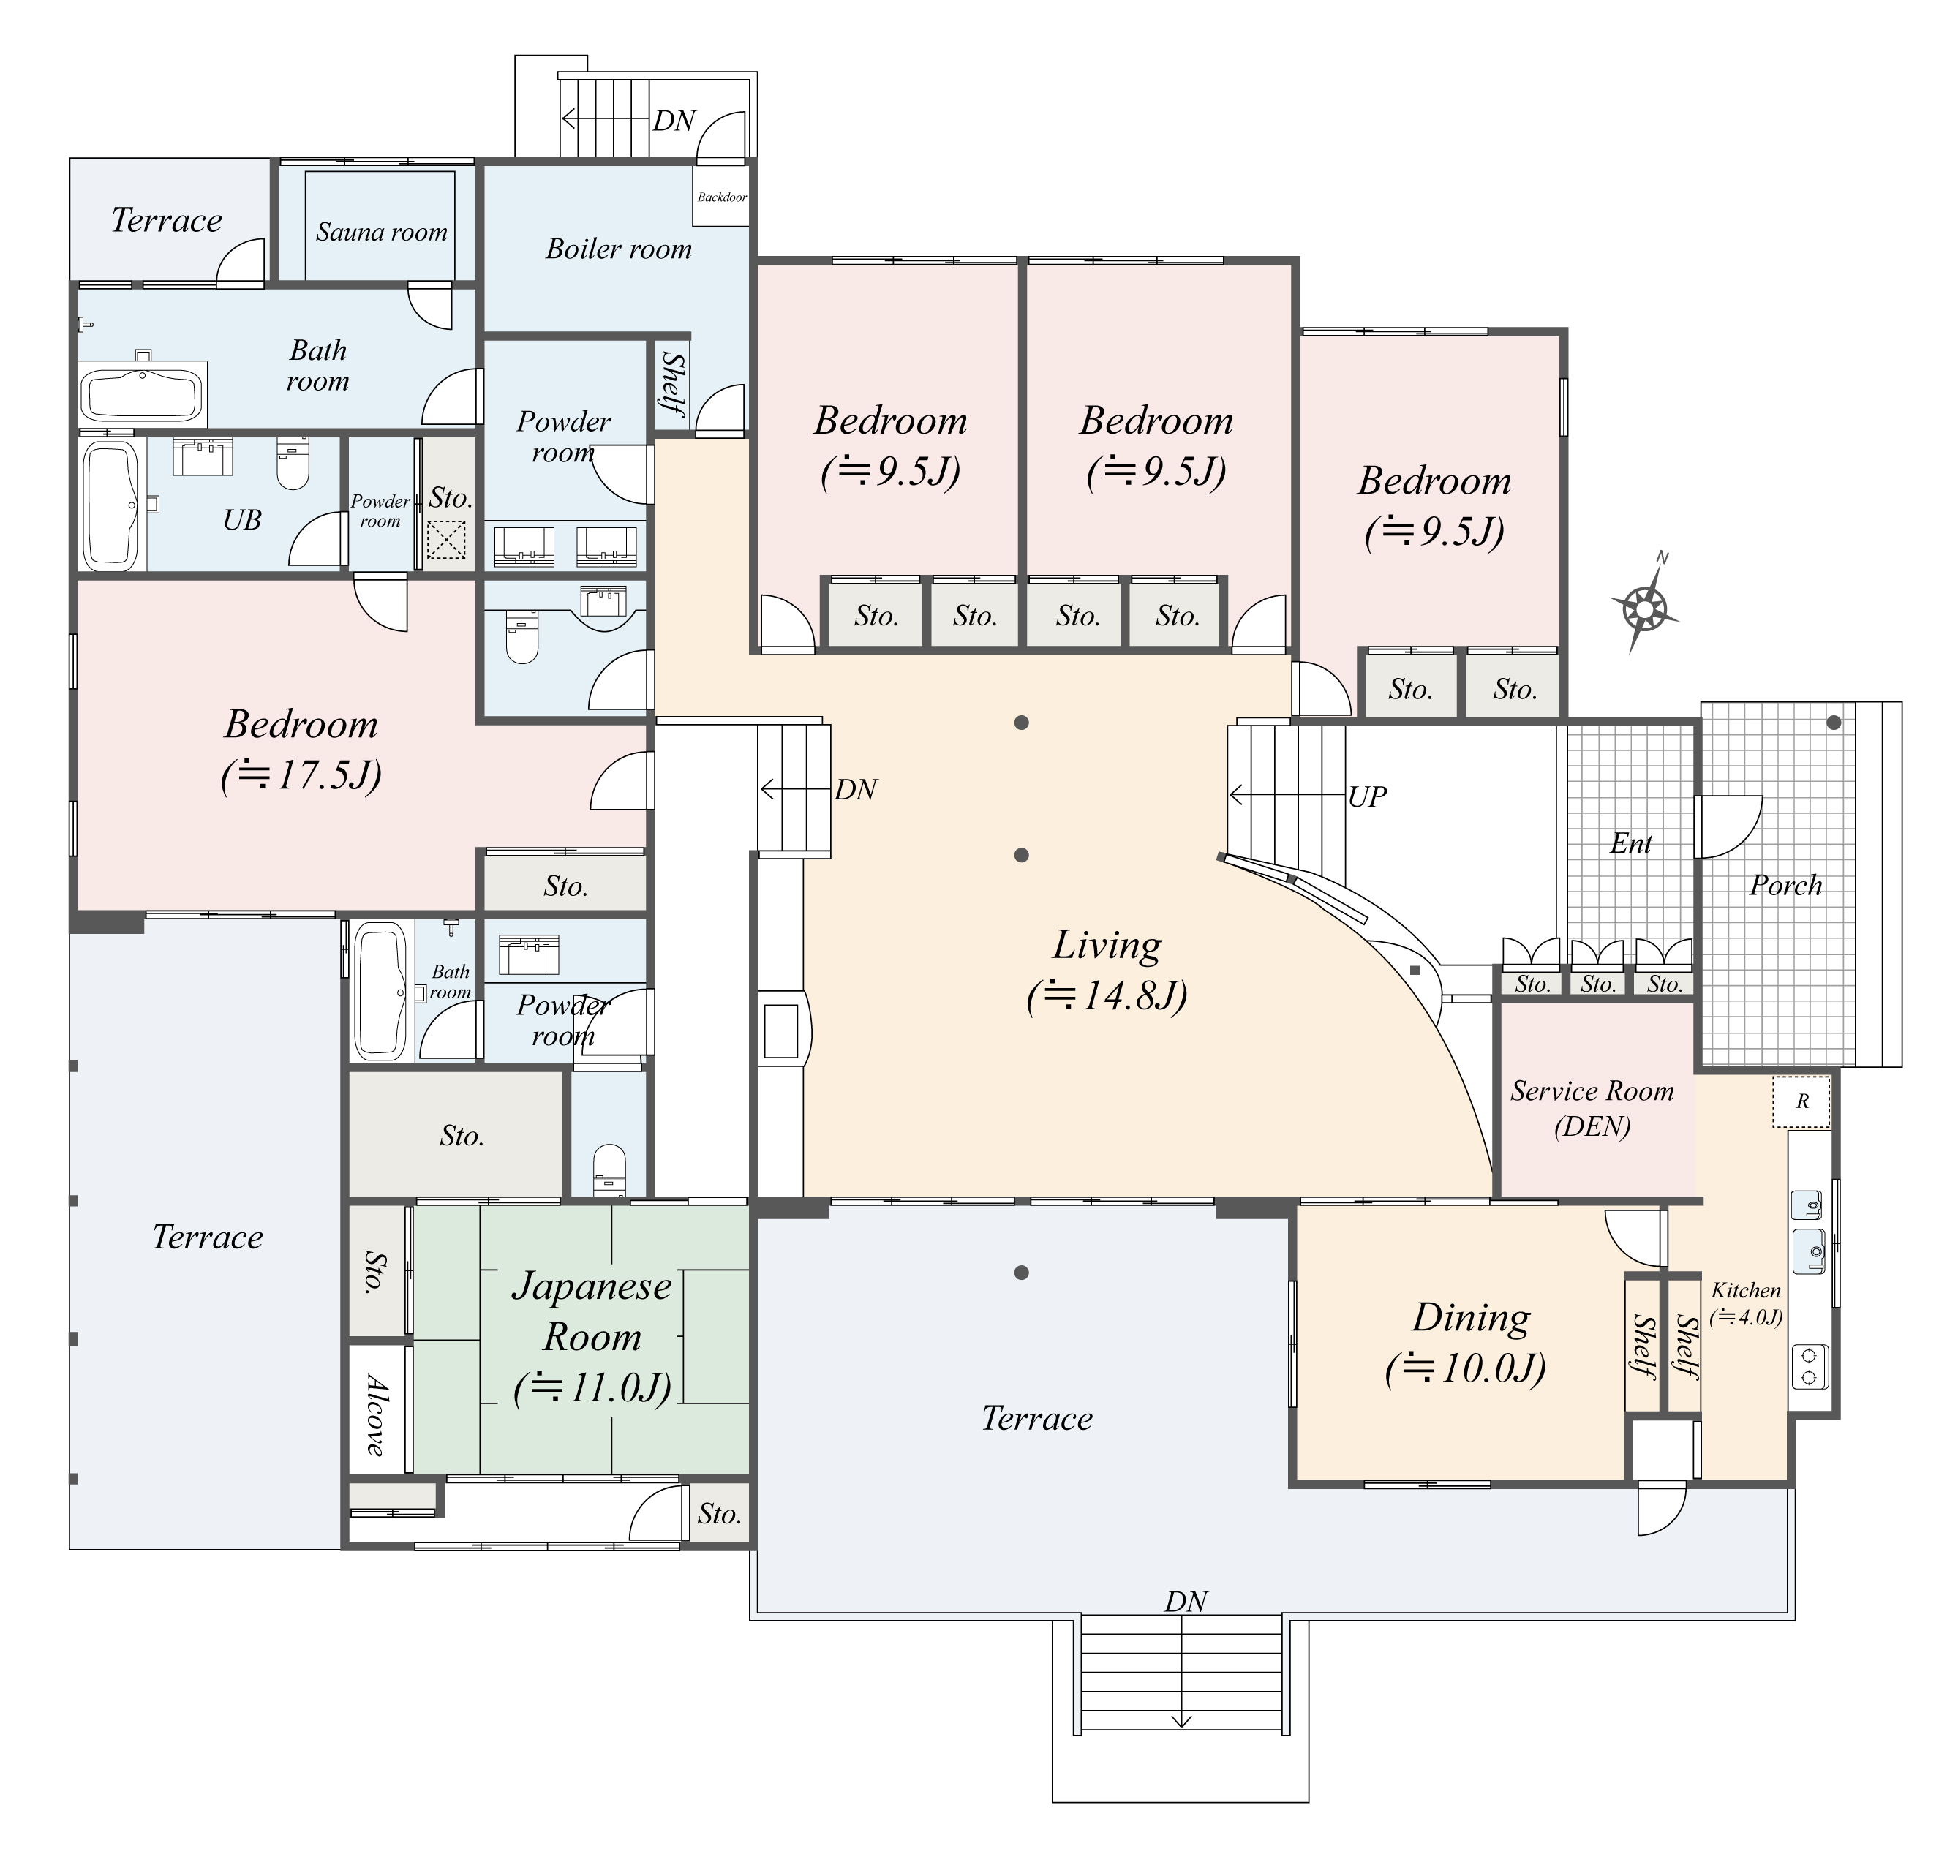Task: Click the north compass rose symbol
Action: (x=1643, y=605)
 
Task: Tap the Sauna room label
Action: (x=382, y=233)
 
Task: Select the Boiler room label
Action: (x=619, y=249)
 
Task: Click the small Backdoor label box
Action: (x=721, y=197)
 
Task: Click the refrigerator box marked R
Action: (x=1801, y=1101)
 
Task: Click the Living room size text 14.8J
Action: (x=1106, y=995)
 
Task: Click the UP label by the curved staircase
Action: (x=1367, y=796)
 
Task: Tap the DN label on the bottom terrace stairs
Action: (x=1185, y=1601)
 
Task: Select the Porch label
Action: (x=1785, y=884)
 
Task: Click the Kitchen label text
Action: (x=1745, y=1289)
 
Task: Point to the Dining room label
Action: (x=1471, y=1317)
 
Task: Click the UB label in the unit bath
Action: (x=242, y=520)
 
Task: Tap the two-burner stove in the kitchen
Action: (x=1809, y=1367)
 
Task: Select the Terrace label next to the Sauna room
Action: (x=166, y=219)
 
